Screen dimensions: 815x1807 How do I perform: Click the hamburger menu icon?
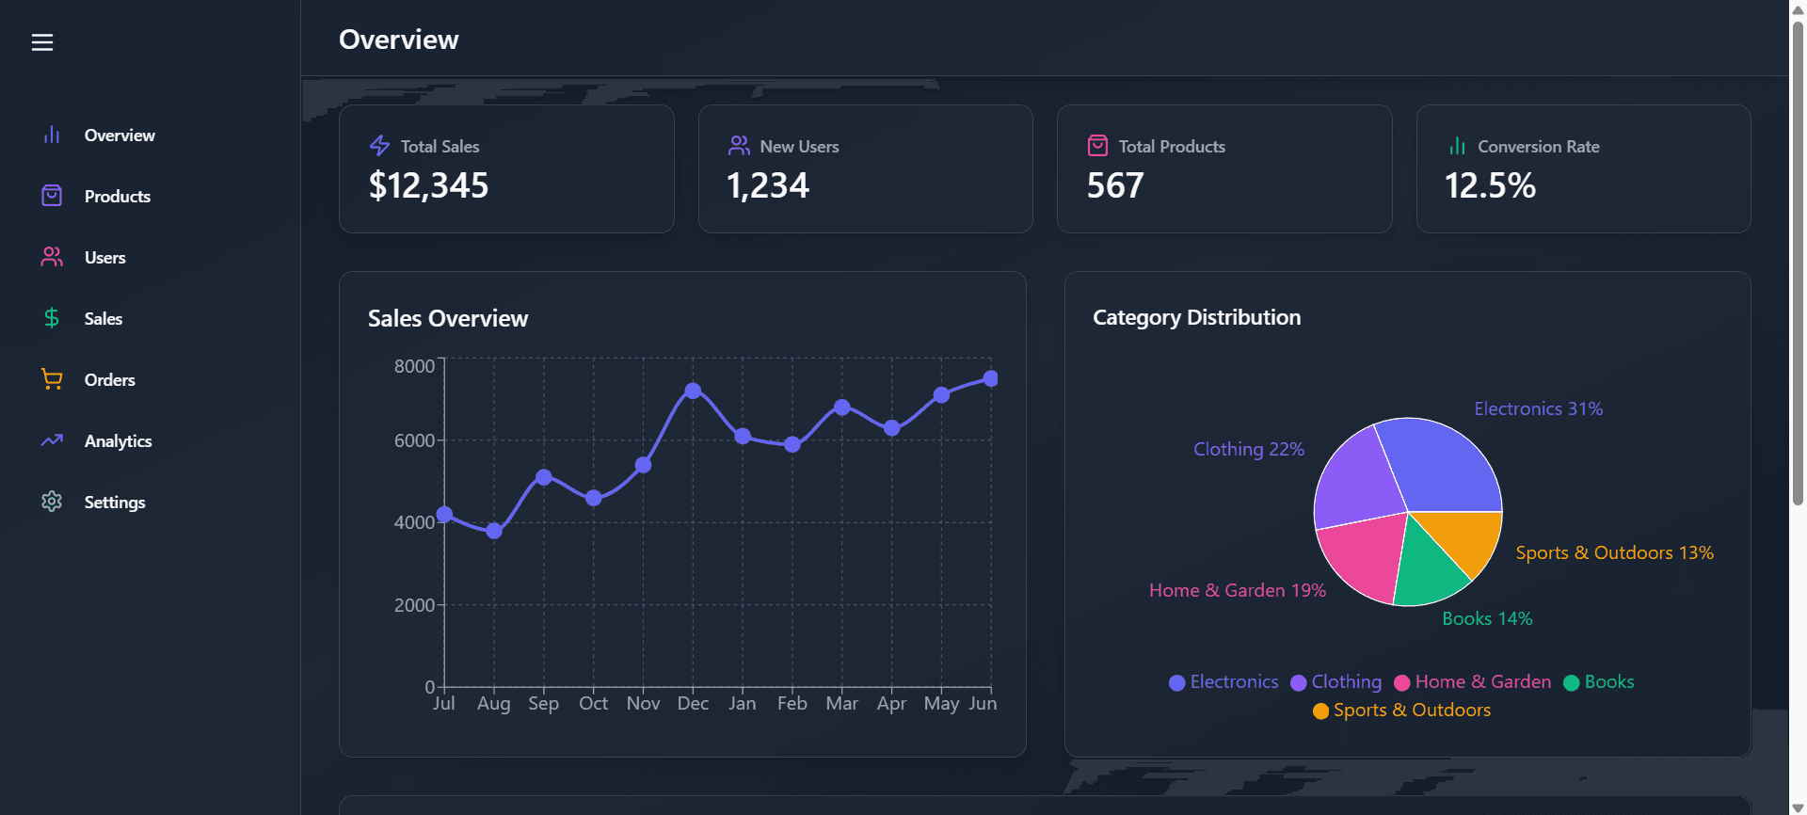click(42, 42)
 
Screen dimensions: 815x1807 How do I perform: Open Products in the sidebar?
click(117, 196)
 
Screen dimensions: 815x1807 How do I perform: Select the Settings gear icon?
click(52, 502)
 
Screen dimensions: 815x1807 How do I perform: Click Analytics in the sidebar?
click(118, 440)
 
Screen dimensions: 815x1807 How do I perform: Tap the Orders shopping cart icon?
click(52, 379)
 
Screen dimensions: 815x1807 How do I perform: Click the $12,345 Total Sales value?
click(428, 185)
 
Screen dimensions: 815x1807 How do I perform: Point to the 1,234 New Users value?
click(767, 185)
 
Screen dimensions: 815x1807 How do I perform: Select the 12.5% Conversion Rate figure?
click(1490, 185)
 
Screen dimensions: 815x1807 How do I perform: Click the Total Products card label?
click(1172, 147)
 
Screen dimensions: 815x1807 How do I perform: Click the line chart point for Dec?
click(693, 391)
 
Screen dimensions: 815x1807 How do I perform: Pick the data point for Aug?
click(494, 531)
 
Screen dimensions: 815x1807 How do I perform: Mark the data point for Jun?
click(990, 378)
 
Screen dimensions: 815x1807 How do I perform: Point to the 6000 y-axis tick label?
click(414, 440)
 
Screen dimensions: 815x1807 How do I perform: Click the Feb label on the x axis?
click(792, 703)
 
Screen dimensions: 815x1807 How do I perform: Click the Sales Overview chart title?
click(448, 318)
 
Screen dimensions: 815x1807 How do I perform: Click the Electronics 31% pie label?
click(1538, 408)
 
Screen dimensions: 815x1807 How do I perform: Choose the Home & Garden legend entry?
click(1473, 682)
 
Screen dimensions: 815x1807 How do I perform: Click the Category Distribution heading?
click(1196, 317)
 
